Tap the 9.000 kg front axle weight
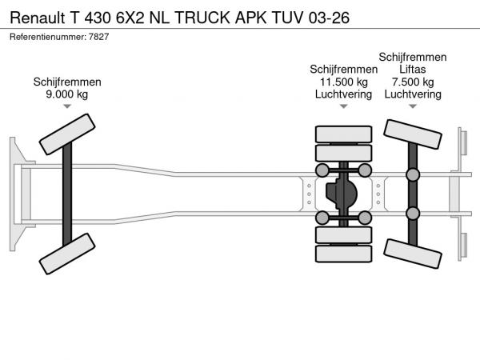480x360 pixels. (x=67, y=94)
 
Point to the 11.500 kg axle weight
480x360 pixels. (x=344, y=82)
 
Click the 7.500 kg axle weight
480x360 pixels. (x=413, y=82)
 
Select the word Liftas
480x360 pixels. (x=413, y=70)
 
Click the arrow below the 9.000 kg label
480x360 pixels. (x=67, y=107)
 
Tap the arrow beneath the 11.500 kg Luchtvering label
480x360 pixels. (x=344, y=107)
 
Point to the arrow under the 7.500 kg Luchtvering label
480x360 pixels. (x=413, y=107)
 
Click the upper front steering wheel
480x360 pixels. (x=67, y=134)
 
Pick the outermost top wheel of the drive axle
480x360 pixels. (x=344, y=134)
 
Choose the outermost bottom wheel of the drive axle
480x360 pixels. (x=344, y=254)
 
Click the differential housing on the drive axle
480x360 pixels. (x=344, y=194)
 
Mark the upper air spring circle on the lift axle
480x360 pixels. (x=413, y=175)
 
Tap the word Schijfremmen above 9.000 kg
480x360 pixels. (x=67, y=82)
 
